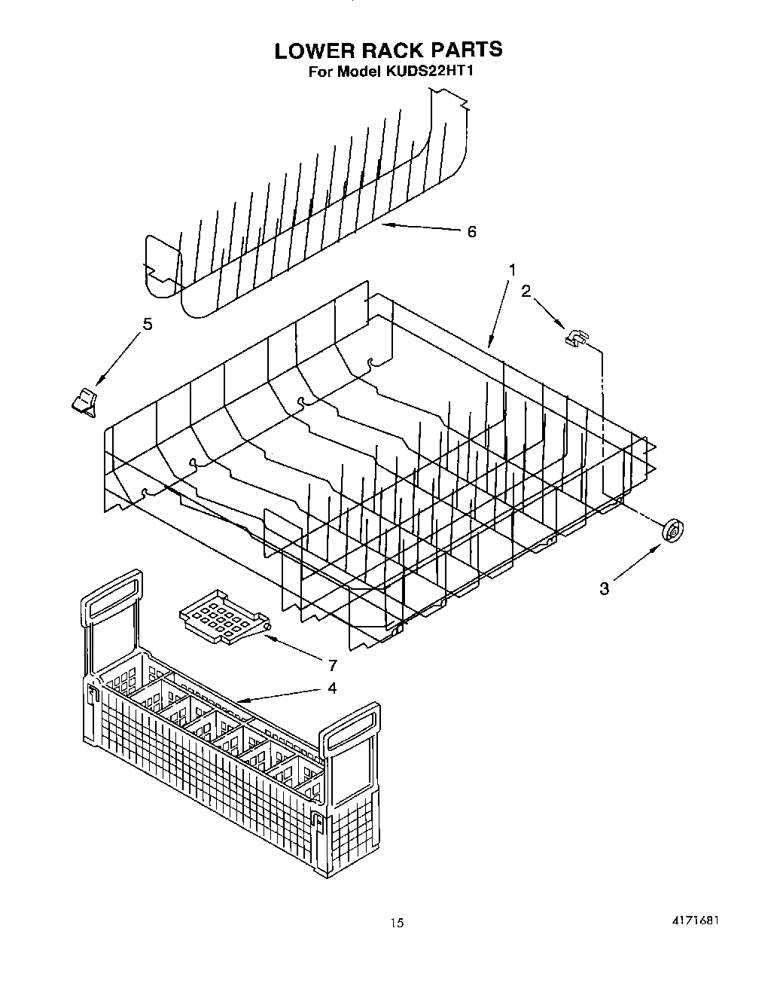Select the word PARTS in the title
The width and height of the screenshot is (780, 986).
click(x=466, y=50)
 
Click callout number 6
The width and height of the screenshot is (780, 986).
click(x=471, y=231)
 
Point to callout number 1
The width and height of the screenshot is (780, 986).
click(x=513, y=269)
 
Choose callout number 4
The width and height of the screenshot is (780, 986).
click(x=332, y=688)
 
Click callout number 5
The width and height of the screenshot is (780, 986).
click(x=148, y=324)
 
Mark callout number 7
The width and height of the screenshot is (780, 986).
click(x=332, y=664)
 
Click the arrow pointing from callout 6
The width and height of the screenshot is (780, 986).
click(x=421, y=227)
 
